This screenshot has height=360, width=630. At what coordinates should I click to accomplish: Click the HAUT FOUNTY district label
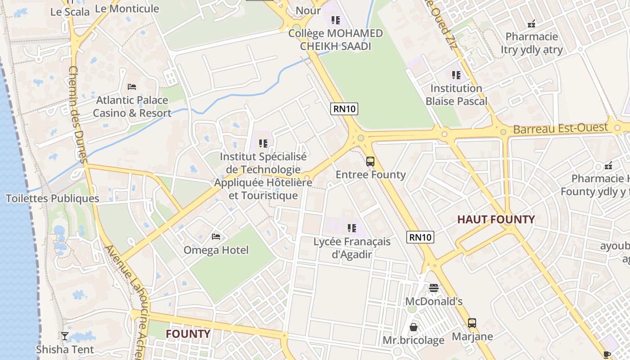tap(496, 220)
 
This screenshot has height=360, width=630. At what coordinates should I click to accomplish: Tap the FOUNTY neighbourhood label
tap(188, 334)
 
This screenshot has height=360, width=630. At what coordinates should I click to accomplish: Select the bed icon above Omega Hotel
tap(216, 237)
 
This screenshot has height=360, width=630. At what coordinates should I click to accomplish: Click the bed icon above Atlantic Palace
tap(132, 86)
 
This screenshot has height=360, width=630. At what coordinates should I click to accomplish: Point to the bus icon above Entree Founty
tap(370, 162)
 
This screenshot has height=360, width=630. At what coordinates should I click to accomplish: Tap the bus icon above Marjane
tap(472, 323)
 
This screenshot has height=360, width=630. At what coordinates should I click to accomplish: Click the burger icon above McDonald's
tap(434, 288)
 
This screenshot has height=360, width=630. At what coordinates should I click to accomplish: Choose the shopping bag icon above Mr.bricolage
tap(413, 327)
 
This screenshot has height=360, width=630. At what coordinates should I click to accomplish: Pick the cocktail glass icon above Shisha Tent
tap(65, 336)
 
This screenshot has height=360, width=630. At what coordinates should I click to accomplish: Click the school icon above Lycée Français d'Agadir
tap(352, 228)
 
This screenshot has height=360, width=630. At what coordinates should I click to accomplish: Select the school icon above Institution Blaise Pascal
tap(456, 75)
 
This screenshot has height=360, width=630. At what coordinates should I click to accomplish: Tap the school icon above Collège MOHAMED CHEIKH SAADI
tap(335, 20)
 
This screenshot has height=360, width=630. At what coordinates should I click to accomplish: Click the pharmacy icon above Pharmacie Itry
tap(531, 24)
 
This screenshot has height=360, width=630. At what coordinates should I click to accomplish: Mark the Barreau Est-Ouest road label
tap(560, 129)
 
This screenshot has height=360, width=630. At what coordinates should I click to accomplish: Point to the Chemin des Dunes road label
tap(77, 114)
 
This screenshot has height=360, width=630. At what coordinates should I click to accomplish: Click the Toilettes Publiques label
tap(52, 198)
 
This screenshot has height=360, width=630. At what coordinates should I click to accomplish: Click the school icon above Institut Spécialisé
tap(263, 144)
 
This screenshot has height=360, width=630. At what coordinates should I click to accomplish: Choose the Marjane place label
tap(472, 337)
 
